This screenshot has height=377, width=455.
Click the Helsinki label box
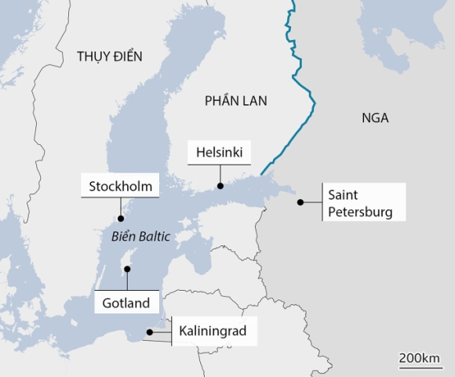220,152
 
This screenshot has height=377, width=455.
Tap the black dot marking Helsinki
220,186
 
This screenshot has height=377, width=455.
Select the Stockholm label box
120,187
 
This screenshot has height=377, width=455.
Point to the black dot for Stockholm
120,219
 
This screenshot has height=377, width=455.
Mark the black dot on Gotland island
126,270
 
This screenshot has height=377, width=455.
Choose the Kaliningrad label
213,332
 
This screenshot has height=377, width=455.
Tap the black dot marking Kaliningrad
150,333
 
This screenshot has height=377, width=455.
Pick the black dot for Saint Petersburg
300,202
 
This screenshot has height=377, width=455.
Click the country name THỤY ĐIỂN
110,56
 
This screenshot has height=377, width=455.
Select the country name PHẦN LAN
235,100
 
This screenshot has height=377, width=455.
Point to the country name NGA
375,118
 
